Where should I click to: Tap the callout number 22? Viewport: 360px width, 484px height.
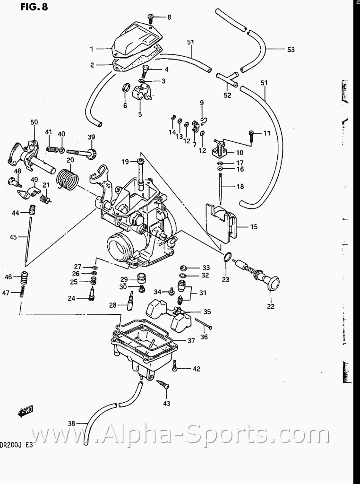pos(271,305)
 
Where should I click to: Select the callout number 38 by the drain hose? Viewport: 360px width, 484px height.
pos(71,423)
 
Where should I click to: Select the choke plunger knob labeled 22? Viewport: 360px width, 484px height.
pos(271,283)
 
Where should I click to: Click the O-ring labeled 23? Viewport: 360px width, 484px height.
pos(227,257)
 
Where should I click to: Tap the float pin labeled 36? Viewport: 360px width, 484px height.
pos(203,325)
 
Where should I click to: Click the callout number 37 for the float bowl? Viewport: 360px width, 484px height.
pos(191,340)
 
